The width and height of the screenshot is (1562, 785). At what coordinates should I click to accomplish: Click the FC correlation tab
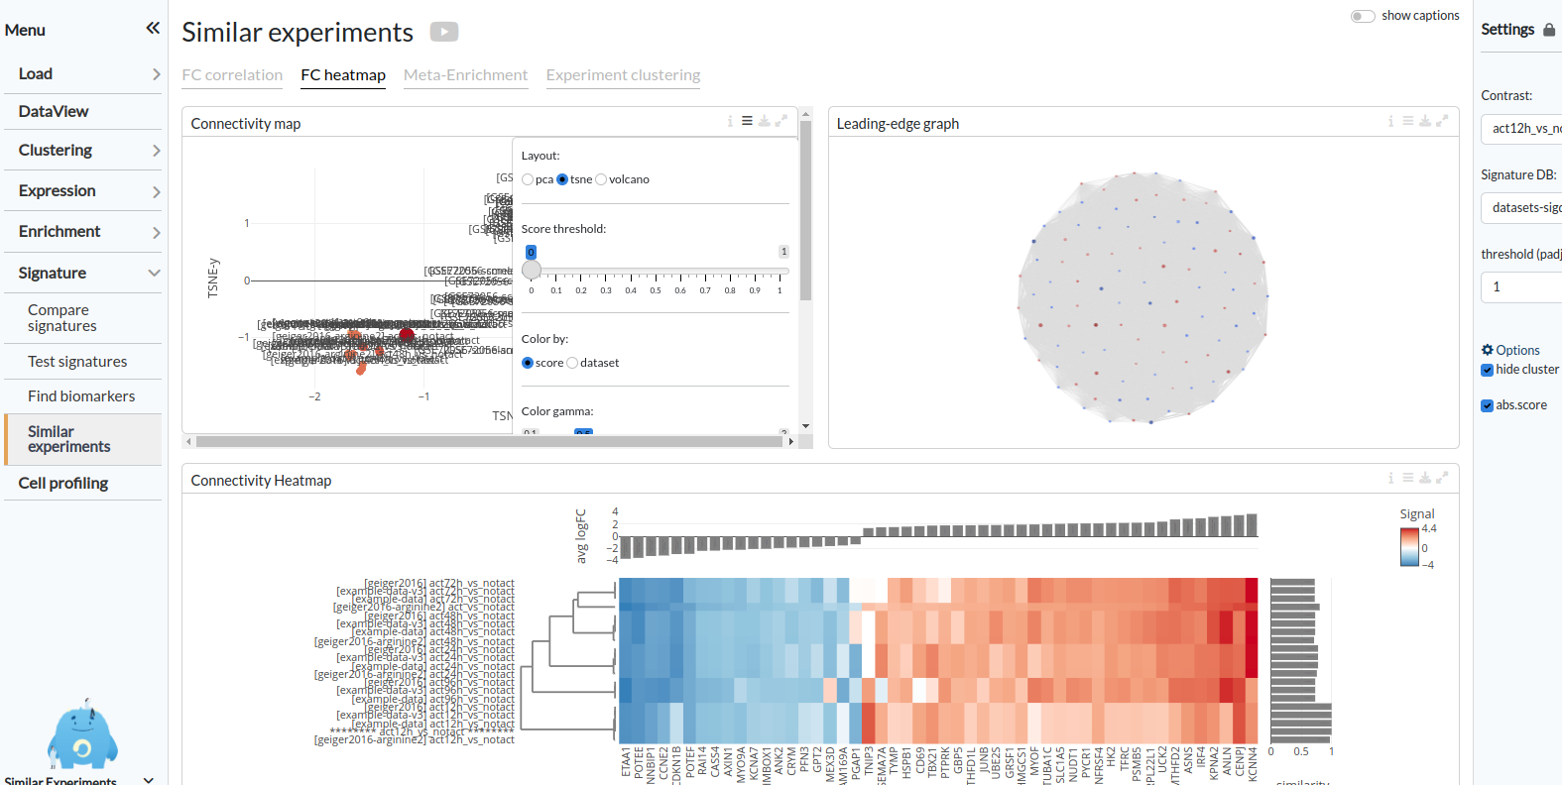tap(232, 75)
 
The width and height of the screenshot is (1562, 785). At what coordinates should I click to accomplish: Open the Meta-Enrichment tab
tap(465, 75)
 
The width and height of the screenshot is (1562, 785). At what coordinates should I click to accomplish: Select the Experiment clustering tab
tap(623, 75)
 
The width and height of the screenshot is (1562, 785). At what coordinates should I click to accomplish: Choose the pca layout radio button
tap(528, 179)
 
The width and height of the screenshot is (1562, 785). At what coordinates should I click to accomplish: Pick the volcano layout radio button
tap(601, 179)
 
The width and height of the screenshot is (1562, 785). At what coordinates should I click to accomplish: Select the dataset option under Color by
tap(572, 363)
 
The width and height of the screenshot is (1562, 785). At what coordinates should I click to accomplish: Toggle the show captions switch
tap(1363, 16)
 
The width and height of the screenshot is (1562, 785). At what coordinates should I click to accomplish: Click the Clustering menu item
tap(56, 151)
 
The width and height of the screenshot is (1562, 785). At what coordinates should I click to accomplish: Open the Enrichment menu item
tap(60, 232)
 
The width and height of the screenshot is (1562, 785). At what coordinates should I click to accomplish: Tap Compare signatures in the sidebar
tap(61, 318)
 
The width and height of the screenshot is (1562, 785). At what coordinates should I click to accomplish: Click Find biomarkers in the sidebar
tap(81, 396)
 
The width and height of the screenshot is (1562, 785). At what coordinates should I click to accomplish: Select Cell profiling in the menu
tap(63, 484)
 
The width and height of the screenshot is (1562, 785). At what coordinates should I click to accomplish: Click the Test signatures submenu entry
tap(77, 362)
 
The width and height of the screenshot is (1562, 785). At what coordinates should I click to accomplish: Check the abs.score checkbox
tap(1487, 405)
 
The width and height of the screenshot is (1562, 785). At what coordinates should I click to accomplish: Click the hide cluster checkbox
tap(1487, 370)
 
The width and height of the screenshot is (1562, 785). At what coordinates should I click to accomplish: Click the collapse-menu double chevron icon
tap(153, 28)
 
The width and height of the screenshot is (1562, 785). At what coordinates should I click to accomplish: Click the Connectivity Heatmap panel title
tap(261, 481)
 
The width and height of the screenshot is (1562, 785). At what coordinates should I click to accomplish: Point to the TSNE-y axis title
tap(213, 279)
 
